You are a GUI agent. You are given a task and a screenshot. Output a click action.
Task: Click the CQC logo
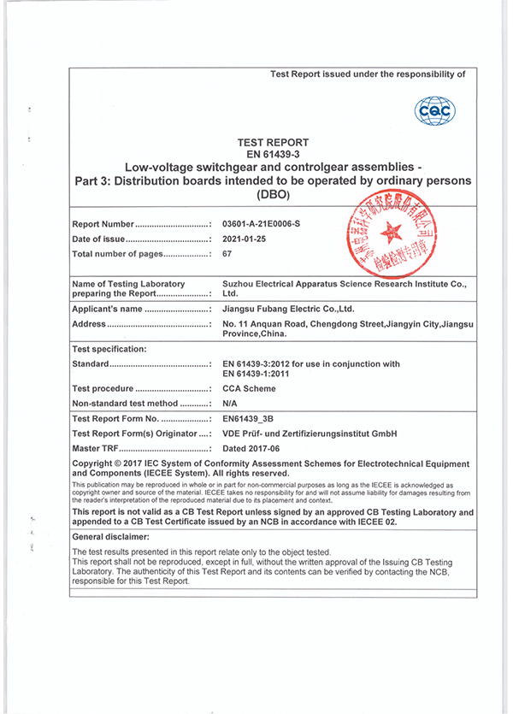[x=434, y=110]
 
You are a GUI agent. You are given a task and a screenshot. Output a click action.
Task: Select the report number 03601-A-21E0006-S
[x=266, y=224]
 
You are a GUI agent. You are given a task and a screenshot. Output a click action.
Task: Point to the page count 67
[x=227, y=254]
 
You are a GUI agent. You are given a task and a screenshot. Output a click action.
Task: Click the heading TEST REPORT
[x=273, y=143]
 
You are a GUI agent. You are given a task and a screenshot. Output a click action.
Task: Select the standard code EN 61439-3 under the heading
[x=273, y=154]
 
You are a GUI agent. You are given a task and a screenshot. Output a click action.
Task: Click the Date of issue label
[x=99, y=239]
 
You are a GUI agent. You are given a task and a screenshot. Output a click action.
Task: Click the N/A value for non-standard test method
[x=229, y=403]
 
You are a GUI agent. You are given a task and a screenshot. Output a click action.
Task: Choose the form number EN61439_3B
[x=251, y=420]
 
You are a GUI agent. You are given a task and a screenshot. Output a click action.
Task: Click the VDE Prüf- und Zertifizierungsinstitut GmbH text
[x=310, y=434]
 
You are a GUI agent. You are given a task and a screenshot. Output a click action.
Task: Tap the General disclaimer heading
[x=110, y=535]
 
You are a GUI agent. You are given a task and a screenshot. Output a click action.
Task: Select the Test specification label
[x=109, y=349]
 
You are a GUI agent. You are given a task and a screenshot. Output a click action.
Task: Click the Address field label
[x=91, y=324]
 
